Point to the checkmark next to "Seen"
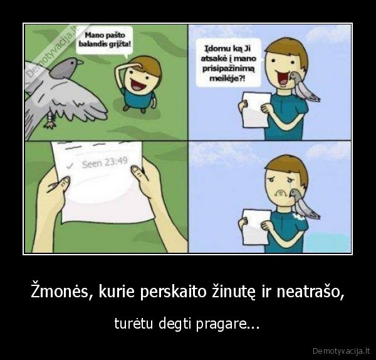(x=70, y=166)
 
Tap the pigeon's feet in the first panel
(x=48, y=119)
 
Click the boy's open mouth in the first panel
(x=133, y=81)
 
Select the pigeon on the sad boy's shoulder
(x=303, y=202)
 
